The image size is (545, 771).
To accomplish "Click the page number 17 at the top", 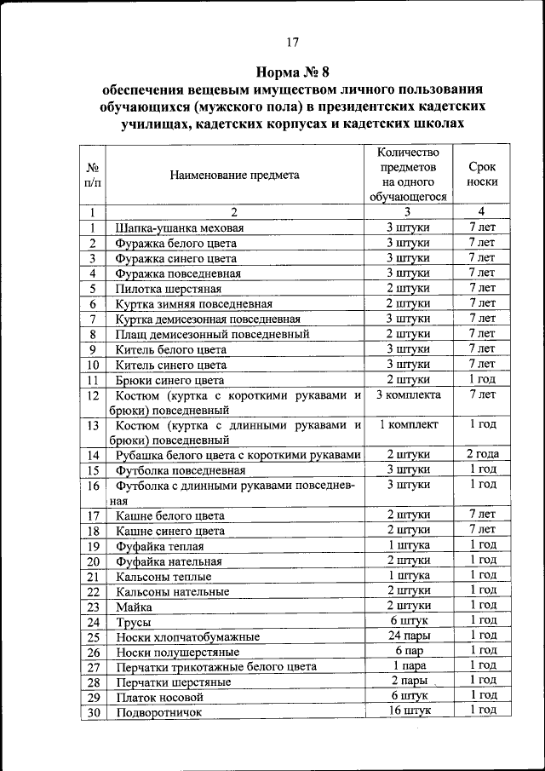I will tap(292, 42).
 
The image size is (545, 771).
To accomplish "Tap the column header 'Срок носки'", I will tap(482, 175).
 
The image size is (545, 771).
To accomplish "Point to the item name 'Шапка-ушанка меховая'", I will tap(180, 228).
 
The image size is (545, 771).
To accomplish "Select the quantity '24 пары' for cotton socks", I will tap(408, 636).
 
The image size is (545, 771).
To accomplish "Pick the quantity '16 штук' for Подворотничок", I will tap(408, 711).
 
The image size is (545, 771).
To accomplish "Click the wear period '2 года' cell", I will tap(482, 454).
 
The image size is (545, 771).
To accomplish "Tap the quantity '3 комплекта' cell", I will tap(408, 396).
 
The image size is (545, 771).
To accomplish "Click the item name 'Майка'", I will tap(135, 607).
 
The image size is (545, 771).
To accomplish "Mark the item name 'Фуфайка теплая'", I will tap(162, 546).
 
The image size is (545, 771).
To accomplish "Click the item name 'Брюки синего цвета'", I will tap(170, 381).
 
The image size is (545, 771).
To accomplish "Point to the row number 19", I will tap(93, 546).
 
